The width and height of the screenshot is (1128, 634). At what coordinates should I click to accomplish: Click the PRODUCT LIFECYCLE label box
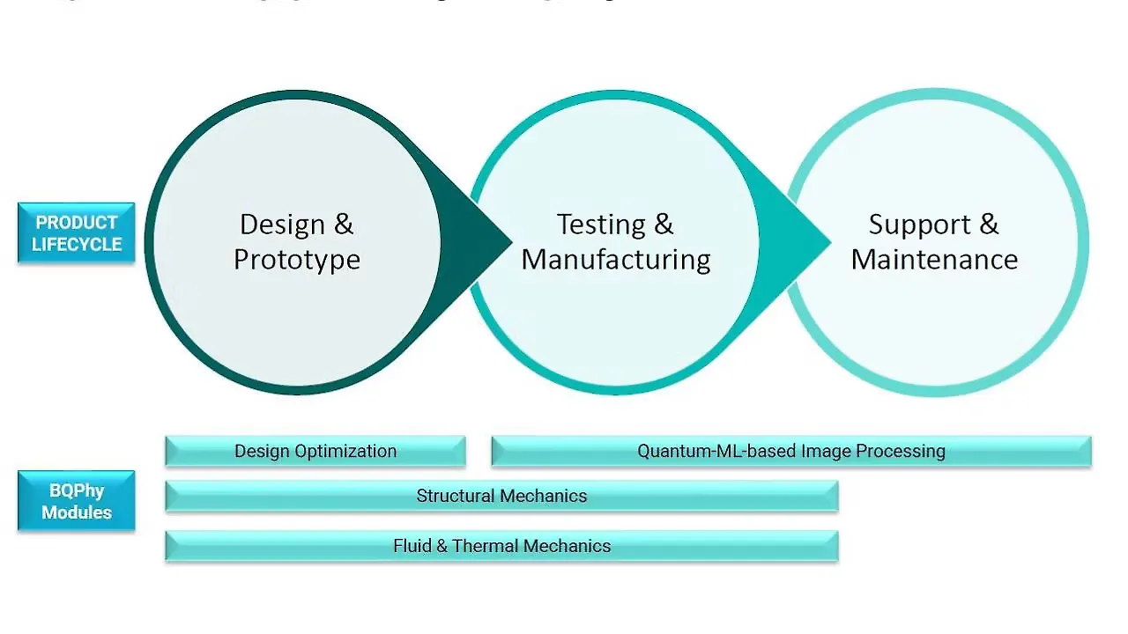[76, 233]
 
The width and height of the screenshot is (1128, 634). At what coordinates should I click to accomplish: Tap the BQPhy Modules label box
[76, 501]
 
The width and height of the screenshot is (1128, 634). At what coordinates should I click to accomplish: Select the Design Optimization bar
[315, 452]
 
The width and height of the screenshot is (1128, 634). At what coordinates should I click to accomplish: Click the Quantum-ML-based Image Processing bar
[790, 452]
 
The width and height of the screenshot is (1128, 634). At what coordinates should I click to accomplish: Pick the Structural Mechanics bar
[501, 497]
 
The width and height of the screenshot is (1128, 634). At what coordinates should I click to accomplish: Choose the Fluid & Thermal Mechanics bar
[501, 546]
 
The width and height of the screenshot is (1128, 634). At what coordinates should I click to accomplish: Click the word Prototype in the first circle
[296, 260]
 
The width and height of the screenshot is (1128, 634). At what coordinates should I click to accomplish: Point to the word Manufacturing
[616, 260]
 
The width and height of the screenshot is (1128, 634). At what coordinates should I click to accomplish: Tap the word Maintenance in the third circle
[934, 260]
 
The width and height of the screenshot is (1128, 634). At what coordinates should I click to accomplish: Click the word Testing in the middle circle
[600, 225]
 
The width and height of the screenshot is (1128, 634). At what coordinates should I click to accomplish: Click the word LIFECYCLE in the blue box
[76, 245]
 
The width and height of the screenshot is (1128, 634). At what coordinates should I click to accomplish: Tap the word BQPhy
[76, 491]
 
